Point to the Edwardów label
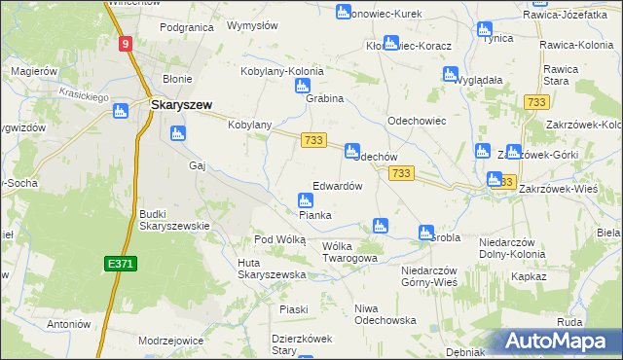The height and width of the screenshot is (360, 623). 337,186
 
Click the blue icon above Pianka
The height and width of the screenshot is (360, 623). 305,200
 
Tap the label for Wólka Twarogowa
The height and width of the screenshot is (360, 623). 348,252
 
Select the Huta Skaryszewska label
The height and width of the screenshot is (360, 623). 272,269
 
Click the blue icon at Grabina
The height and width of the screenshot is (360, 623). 302,87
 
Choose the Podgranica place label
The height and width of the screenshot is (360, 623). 186,27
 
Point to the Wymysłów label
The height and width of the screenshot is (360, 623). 247,25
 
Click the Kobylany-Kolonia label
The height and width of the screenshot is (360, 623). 281,71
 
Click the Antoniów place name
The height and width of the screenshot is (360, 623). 69,324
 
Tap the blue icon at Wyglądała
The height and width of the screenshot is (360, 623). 450,74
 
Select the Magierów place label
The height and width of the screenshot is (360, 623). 35,72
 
